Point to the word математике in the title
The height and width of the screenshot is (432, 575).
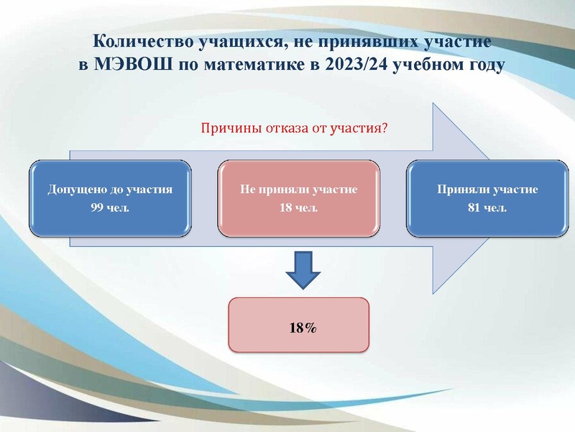[x=256, y=63]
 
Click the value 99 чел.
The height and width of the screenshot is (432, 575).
[x=111, y=208]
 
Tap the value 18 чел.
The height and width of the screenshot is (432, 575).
[x=298, y=208]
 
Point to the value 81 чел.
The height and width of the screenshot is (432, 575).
[x=487, y=208]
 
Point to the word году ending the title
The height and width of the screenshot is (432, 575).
[x=477, y=63]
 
